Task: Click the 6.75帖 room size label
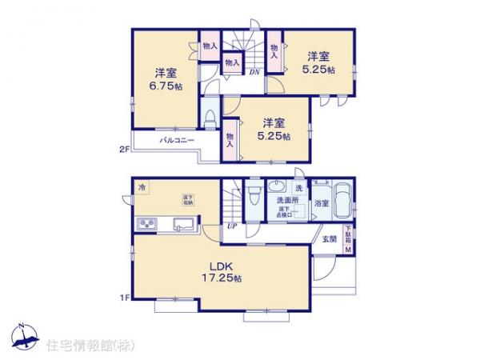coord(163,86)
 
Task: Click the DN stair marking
coord(254,73)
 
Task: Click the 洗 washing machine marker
coord(298,187)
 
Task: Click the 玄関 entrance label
coord(330,239)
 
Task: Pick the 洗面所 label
coord(288,201)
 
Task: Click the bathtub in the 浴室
coord(342,202)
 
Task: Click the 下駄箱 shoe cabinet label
coord(348,238)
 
